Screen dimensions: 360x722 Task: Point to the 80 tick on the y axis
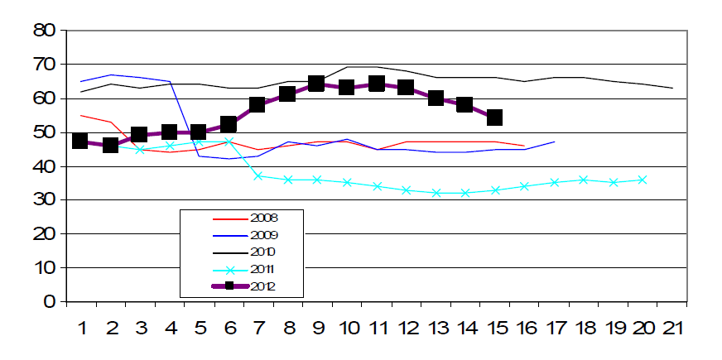[43, 31]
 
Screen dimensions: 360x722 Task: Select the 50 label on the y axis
[43, 132]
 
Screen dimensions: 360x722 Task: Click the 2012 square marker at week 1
[80, 141]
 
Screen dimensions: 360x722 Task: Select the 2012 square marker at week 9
[316, 84]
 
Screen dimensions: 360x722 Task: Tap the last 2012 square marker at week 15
[494, 118]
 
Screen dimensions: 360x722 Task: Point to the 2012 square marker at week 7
[258, 104]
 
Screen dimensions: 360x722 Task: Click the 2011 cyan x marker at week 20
[643, 180]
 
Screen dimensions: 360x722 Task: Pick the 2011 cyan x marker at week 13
[436, 193]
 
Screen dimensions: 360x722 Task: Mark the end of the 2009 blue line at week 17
[554, 142]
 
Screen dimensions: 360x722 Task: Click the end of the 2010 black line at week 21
[672, 88]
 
